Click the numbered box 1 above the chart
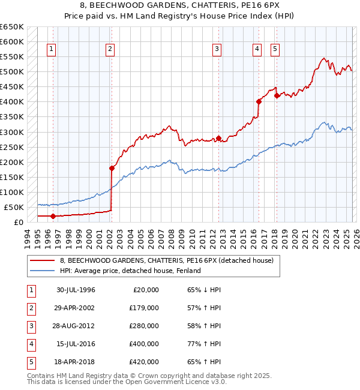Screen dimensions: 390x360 52,50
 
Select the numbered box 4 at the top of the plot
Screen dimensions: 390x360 257,50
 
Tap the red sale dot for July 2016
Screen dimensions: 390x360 259,101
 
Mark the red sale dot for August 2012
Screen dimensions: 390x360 218,138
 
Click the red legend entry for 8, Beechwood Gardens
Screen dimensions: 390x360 166,260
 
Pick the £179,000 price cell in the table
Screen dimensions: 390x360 144,308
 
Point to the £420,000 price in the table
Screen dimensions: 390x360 144,362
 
